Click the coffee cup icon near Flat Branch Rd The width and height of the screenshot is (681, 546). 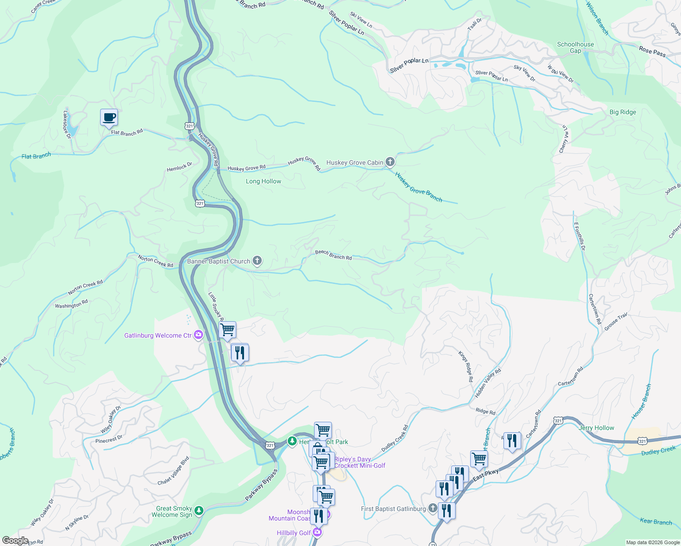(109, 117)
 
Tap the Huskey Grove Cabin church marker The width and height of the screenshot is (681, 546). (390, 162)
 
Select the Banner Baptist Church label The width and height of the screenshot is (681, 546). (219, 261)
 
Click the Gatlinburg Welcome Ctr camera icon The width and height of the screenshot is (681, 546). (198, 335)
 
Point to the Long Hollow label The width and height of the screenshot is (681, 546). (263, 181)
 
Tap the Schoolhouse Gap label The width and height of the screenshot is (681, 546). (575, 47)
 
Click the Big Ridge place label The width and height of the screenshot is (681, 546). (622, 112)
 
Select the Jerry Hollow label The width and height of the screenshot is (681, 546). (596, 428)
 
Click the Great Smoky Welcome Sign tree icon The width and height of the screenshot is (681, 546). (199, 511)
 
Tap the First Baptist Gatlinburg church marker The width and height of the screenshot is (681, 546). (432, 508)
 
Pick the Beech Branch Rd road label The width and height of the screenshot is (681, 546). (333, 255)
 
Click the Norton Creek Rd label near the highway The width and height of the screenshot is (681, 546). (155, 261)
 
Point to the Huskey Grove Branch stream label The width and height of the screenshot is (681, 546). (418, 187)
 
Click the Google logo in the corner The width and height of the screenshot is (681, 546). (15, 540)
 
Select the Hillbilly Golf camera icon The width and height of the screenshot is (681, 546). (317, 532)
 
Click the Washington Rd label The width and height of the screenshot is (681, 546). (71, 304)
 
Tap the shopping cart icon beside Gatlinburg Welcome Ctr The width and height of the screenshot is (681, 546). (227, 329)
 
